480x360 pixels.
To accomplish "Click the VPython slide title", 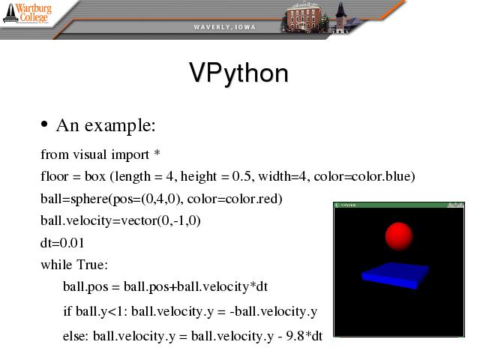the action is pyautogui.click(x=238, y=73).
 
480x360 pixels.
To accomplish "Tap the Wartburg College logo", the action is pyautogui.click(x=27, y=13).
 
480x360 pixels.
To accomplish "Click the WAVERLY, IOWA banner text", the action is pyautogui.click(x=224, y=27).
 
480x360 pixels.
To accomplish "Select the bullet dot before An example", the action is pyautogui.click(x=44, y=124).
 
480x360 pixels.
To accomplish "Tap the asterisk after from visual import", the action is pyautogui.click(x=157, y=152).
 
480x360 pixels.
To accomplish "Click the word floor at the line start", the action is pyautogui.click(x=54, y=176).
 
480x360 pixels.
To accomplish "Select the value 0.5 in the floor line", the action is pyautogui.click(x=241, y=176).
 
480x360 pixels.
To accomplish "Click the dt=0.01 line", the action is pyautogui.click(x=62, y=243).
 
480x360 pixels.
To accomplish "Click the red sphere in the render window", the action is pyautogui.click(x=398, y=236).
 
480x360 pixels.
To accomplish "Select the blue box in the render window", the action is pyautogui.click(x=395, y=275).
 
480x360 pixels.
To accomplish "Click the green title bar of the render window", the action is pyautogui.click(x=399, y=205).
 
